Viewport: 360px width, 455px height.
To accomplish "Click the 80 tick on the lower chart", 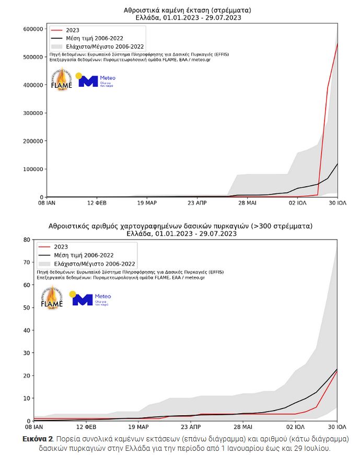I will point(26,240).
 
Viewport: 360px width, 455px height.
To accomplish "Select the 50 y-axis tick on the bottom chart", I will point(26,308).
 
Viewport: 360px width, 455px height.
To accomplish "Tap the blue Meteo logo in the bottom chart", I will point(92,299).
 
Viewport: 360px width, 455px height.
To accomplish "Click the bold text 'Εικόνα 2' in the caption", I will point(37,439).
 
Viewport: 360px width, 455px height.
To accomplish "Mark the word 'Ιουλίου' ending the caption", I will point(318,448).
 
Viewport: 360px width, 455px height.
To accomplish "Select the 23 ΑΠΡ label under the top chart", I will point(197,203).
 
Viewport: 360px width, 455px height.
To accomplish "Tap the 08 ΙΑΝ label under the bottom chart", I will point(33,427).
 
